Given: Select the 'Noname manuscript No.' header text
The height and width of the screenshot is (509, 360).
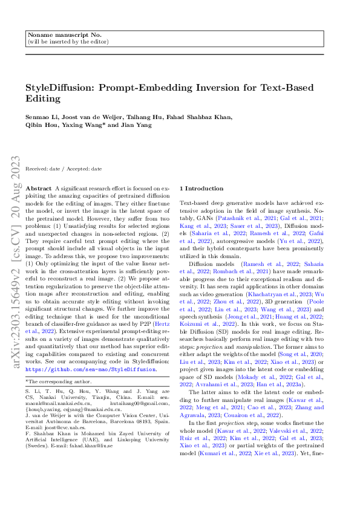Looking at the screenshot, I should coord(54,36).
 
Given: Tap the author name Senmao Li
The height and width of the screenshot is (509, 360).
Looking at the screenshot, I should coord(40,118).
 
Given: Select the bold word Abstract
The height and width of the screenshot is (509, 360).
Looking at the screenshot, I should coord(39,189).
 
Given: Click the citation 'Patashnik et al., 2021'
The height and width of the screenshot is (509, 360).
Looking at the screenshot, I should coord(234,218).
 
